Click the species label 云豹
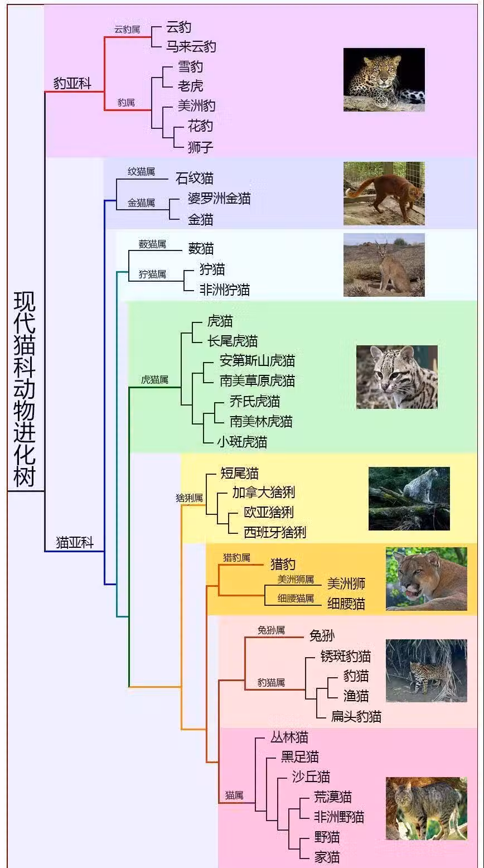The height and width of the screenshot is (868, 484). pyautogui.click(x=178, y=27)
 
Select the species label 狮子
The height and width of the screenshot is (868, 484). pyautogui.click(x=201, y=147)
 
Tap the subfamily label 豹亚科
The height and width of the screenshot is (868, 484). pyautogui.click(x=72, y=84)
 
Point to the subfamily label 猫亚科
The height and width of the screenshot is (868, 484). pyautogui.click(x=74, y=542)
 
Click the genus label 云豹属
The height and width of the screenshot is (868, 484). pyautogui.click(x=127, y=30)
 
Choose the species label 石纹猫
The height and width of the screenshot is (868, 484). pyautogui.click(x=194, y=179)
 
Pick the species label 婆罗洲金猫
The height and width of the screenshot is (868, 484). pyautogui.click(x=219, y=199)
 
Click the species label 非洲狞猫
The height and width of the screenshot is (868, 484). pyautogui.click(x=225, y=290)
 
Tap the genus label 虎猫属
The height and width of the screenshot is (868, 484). pyautogui.click(x=154, y=380)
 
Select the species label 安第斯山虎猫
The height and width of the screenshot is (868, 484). pyautogui.click(x=257, y=361)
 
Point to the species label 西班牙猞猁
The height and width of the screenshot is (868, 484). pyautogui.click(x=275, y=532)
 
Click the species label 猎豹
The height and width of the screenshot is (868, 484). pyautogui.click(x=283, y=564)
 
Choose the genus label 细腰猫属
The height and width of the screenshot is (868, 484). pyautogui.click(x=296, y=599)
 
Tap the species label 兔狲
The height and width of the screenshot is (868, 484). pyautogui.click(x=322, y=635)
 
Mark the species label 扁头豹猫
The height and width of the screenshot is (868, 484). pyautogui.click(x=356, y=716)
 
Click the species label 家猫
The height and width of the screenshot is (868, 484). pyautogui.click(x=327, y=857)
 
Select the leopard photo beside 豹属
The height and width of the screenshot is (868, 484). pyautogui.click(x=384, y=79)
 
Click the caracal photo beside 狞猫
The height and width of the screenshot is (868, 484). pyautogui.click(x=384, y=264)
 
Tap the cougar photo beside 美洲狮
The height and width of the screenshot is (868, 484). pyautogui.click(x=426, y=578)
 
